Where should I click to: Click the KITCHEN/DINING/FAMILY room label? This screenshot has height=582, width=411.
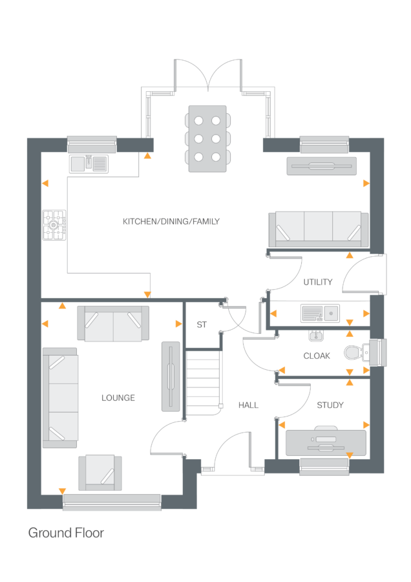(x=171, y=222)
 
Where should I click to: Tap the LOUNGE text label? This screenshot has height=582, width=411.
(x=118, y=398)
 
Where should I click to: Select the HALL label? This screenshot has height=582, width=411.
(x=248, y=405)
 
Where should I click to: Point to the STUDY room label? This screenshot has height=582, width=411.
(x=330, y=405)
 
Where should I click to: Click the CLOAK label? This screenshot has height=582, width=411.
(x=317, y=356)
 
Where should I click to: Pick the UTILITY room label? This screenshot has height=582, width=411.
(x=318, y=282)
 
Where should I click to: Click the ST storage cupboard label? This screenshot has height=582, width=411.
(x=202, y=325)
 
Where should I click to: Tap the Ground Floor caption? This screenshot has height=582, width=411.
(x=66, y=533)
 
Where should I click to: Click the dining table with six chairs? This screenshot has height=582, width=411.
(x=206, y=138)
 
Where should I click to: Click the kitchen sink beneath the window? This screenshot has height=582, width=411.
(x=90, y=164)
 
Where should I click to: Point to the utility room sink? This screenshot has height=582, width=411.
(x=320, y=314)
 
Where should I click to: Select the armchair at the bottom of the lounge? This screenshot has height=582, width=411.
(x=100, y=472)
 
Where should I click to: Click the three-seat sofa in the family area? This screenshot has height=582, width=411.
(x=318, y=230)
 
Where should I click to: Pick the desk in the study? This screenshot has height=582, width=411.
(x=326, y=443)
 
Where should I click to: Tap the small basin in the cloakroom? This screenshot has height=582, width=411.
(x=316, y=336)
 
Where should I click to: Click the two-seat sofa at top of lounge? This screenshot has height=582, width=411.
(x=113, y=323)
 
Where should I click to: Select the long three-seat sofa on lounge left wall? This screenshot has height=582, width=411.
(x=60, y=398)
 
